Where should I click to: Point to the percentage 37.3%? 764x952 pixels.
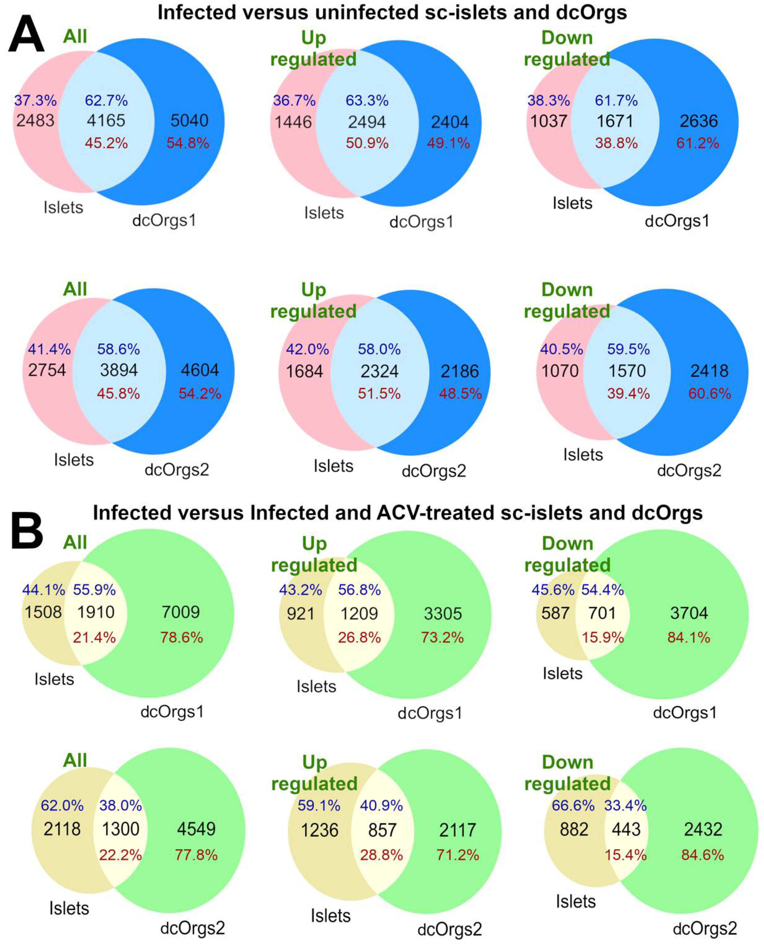coord(35,101)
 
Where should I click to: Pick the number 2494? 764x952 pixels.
coord(367,122)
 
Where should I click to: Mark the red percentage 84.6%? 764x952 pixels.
coord(702,855)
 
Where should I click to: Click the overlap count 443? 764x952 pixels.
coord(626,829)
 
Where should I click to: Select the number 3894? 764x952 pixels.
coord(118,370)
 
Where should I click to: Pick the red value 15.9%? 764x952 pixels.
coord(602,638)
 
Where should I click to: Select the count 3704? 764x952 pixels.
coord(689,613)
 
